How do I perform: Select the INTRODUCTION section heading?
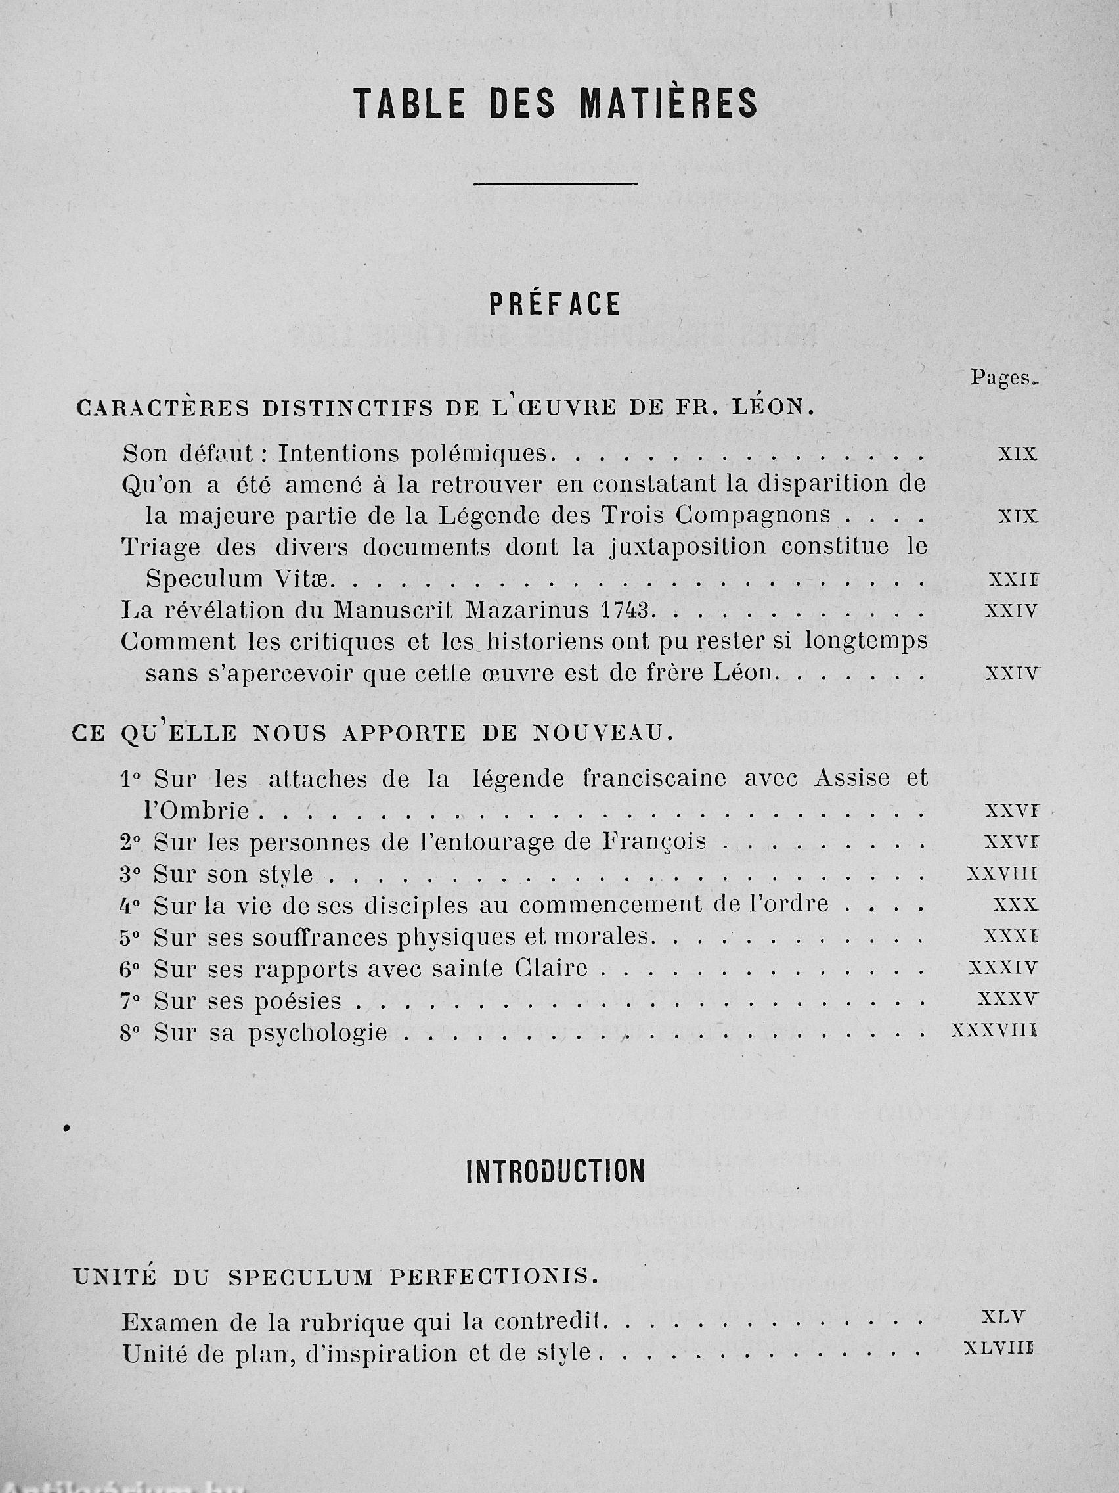click(555, 1172)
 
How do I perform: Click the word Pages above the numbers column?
click(1001, 378)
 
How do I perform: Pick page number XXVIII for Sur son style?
click(1001, 874)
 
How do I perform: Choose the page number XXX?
click(1015, 905)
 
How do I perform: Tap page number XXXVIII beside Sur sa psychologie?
click(993, 1030)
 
